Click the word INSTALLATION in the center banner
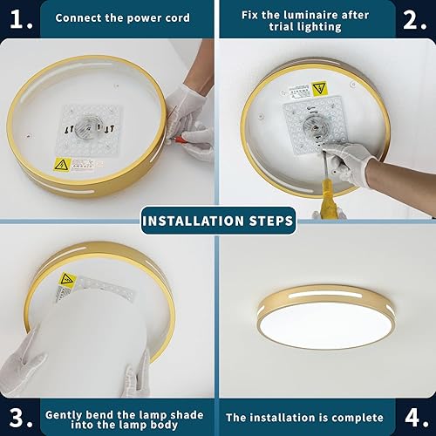point(193,221)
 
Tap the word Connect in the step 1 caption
point(79,18)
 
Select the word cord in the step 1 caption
point(175,18)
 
